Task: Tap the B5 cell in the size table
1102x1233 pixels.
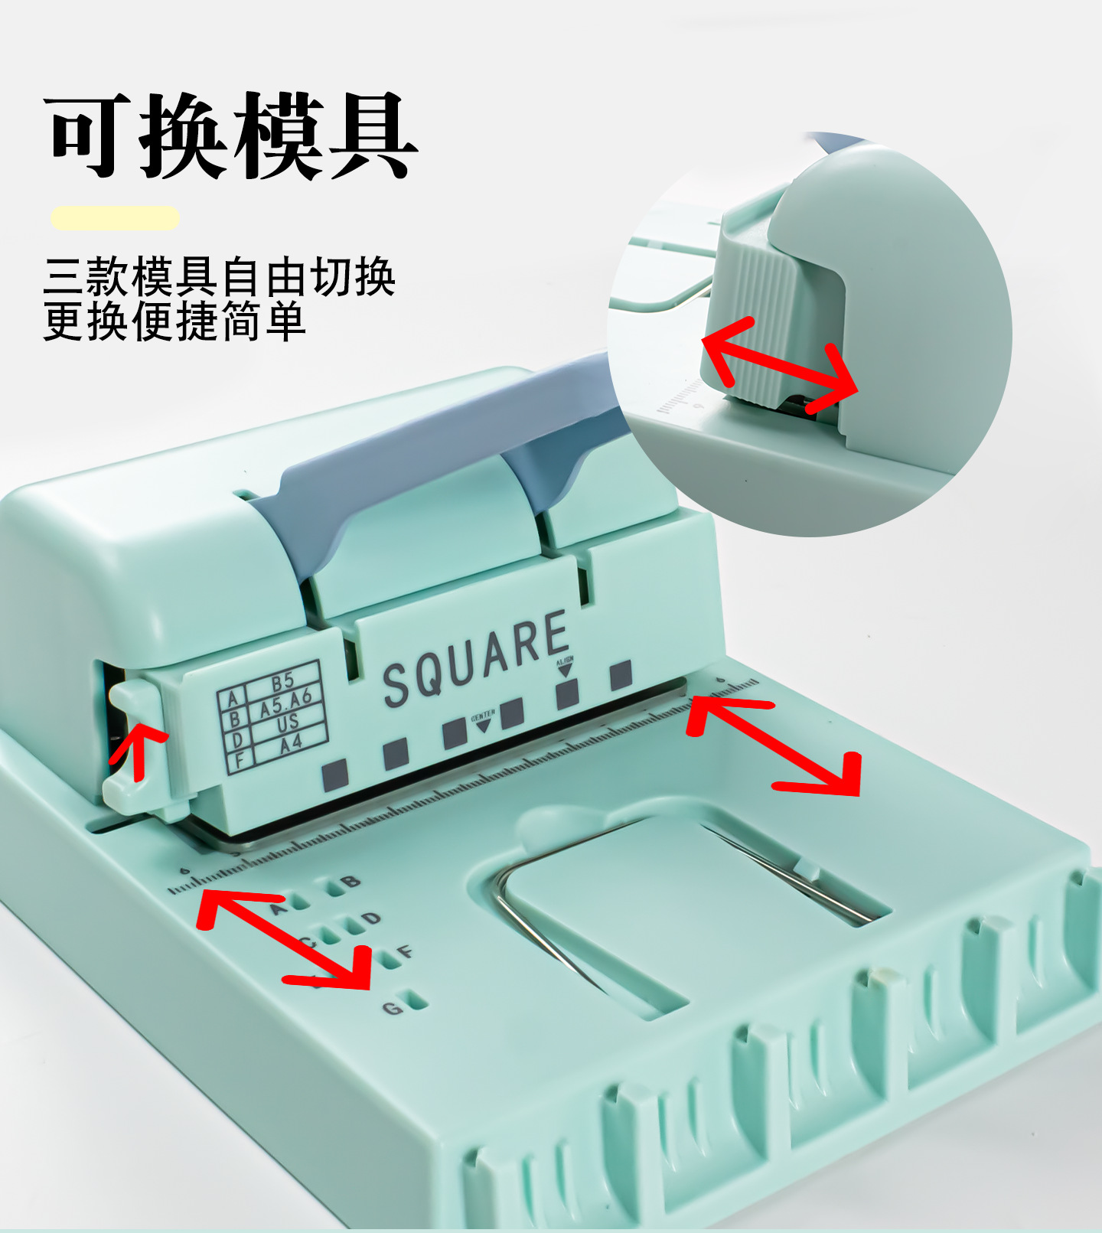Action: tap(282, 680)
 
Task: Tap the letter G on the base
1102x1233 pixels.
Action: tap(392, 1008)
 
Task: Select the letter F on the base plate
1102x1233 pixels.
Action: tap(406, 951)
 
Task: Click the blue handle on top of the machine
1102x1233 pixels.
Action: tap(429, 444)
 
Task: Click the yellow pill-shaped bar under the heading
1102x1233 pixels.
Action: tap(116, 218)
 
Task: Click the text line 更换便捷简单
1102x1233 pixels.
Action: tap(174, 321)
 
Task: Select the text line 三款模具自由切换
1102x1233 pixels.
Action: tap(219, 277)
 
